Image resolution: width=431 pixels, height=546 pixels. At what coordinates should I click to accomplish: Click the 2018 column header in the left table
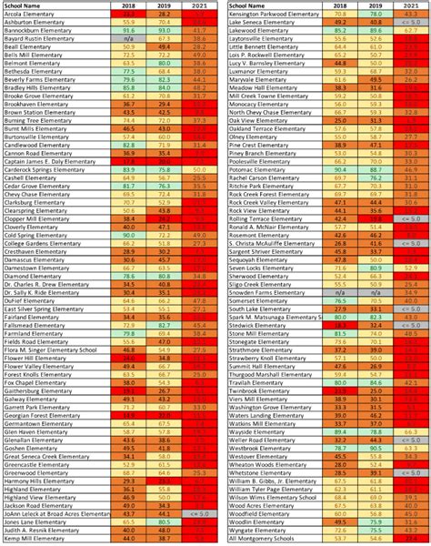click(128, 6)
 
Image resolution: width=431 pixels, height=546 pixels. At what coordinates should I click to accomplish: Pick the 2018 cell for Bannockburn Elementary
click(128, 30)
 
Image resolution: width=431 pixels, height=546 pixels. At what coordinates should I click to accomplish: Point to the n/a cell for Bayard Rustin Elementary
click(128, 38)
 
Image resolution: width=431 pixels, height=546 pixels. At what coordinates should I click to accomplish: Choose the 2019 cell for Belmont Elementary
click(164, 63)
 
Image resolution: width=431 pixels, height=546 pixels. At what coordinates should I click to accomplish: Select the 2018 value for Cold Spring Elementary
click(128, 235)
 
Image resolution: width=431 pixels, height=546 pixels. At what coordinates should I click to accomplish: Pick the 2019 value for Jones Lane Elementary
click(164, 522)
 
